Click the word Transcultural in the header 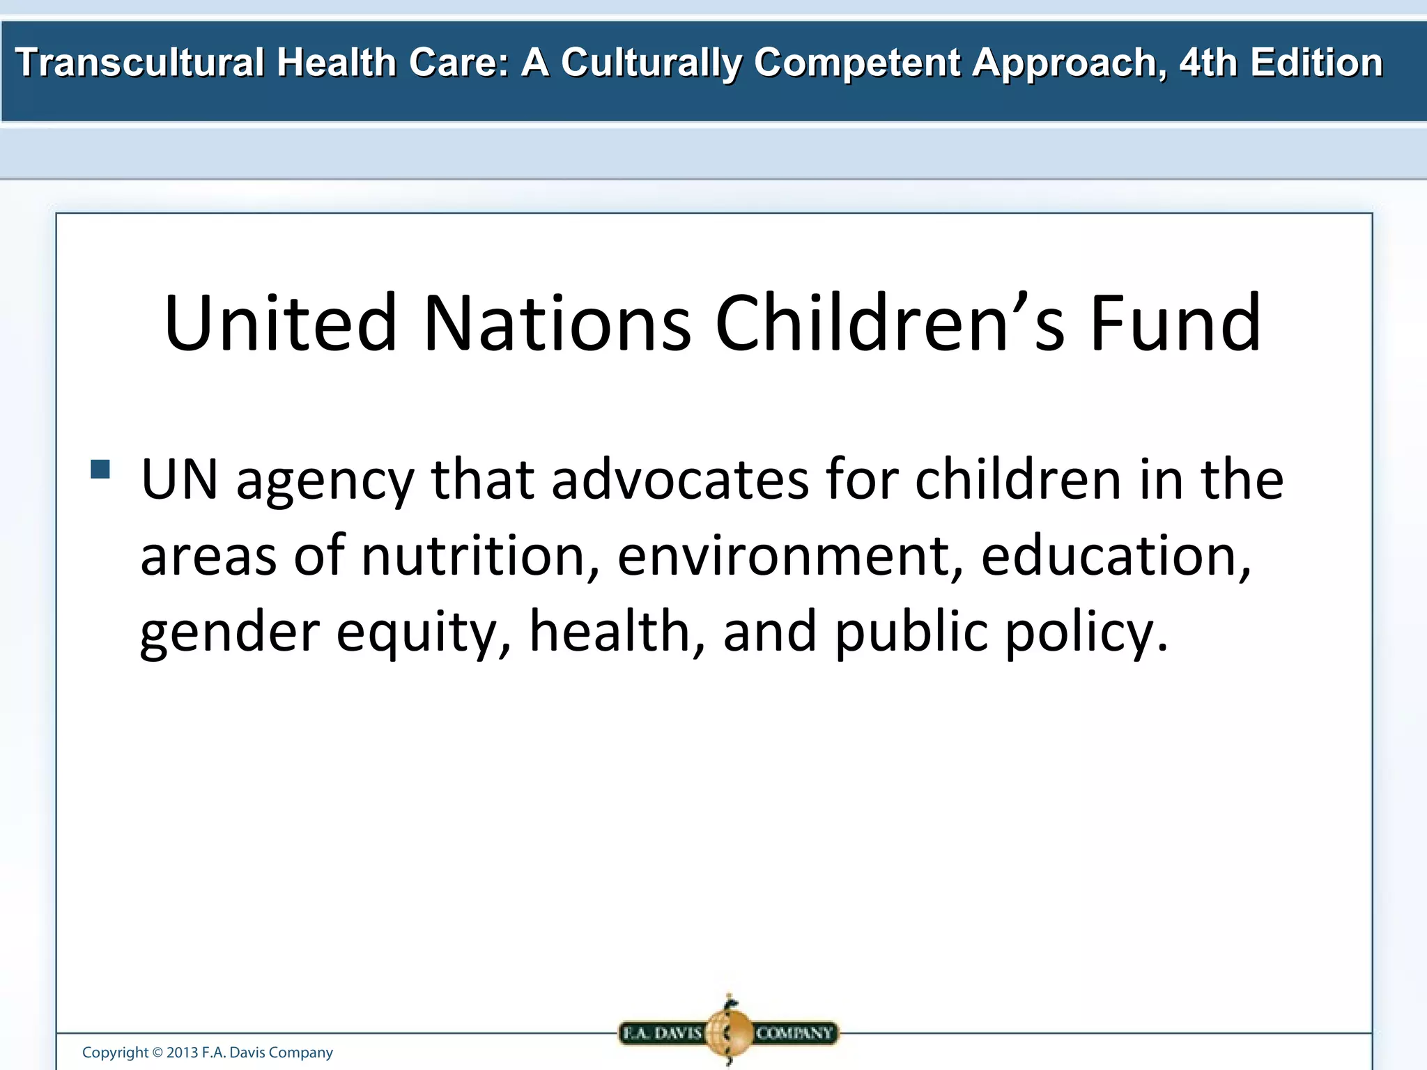(x=139, y=63)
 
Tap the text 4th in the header (x=1208, y=63)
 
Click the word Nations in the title (x=557, y=323)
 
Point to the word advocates (x=680, y=480)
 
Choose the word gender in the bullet (x=229, y=633)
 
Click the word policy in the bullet (x=1085, y=633)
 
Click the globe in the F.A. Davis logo (x=729, y=1032)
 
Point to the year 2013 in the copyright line (x=183, y=1053)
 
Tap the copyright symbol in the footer (x=157, y=1053)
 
